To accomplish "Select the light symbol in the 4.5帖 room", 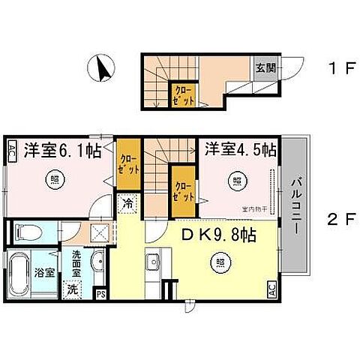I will [236, 180].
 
